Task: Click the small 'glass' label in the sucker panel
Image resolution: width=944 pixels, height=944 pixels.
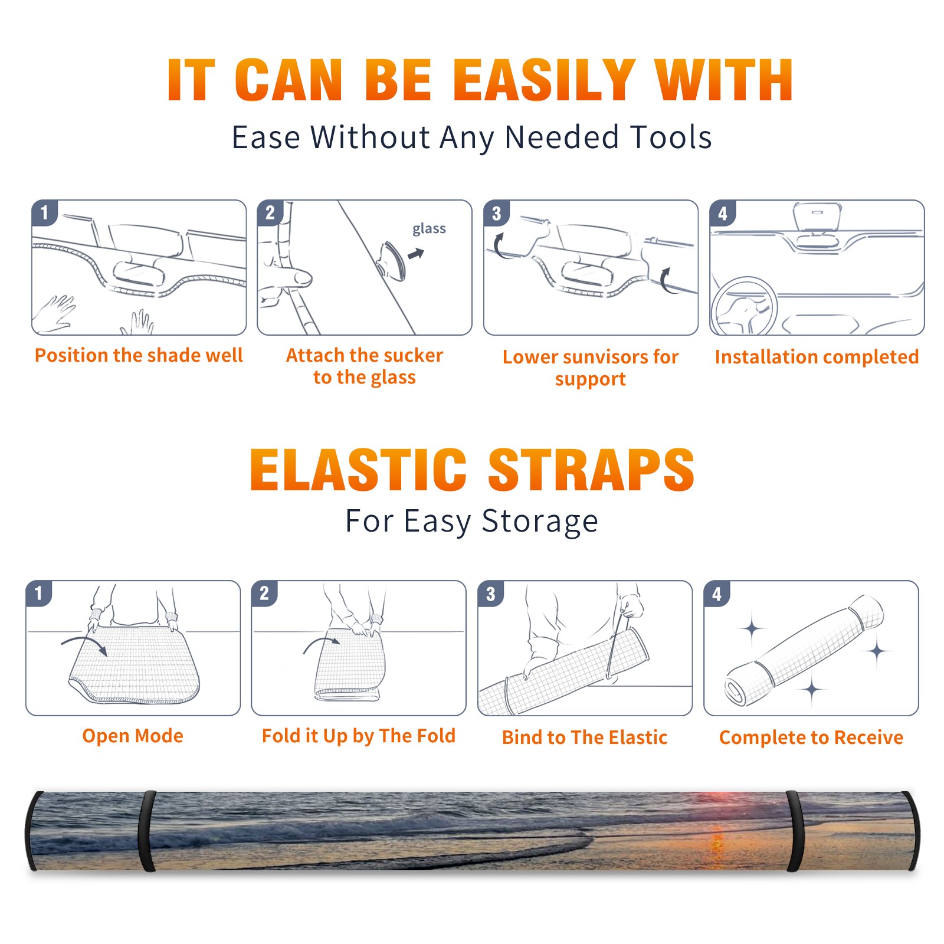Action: click(429, 229)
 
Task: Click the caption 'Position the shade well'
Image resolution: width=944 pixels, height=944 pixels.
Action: click(139, 355)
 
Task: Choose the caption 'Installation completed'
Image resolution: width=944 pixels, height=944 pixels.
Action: click(817, 356)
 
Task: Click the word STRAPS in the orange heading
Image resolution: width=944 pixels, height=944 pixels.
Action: click(591, 470)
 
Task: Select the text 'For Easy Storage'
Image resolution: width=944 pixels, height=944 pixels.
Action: click(472, 522)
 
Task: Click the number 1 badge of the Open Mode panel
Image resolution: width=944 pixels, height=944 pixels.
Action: click(39, 593)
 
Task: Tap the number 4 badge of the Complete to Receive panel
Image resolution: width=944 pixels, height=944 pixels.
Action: click(717, 594)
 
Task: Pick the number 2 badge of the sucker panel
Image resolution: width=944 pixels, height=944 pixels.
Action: click(270, 213)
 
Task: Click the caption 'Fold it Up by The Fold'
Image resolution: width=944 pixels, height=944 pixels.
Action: click(359, 736)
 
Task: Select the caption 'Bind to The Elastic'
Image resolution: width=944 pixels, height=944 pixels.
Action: click(585, 737)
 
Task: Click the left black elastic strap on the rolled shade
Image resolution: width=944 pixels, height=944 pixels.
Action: click(147, 831)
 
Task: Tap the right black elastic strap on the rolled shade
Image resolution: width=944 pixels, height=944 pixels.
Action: click(794, 832)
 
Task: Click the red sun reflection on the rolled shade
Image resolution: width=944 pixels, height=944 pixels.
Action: click(717, 838)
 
